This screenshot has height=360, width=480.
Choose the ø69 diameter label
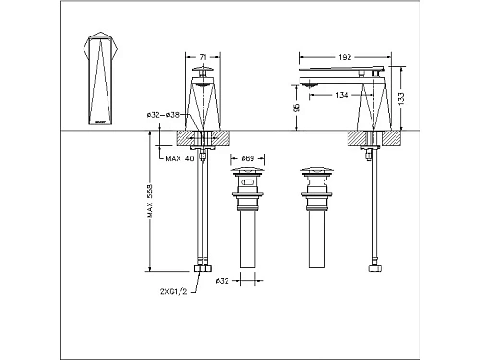[247, 158]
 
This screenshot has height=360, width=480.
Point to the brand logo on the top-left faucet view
[101, 118]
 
